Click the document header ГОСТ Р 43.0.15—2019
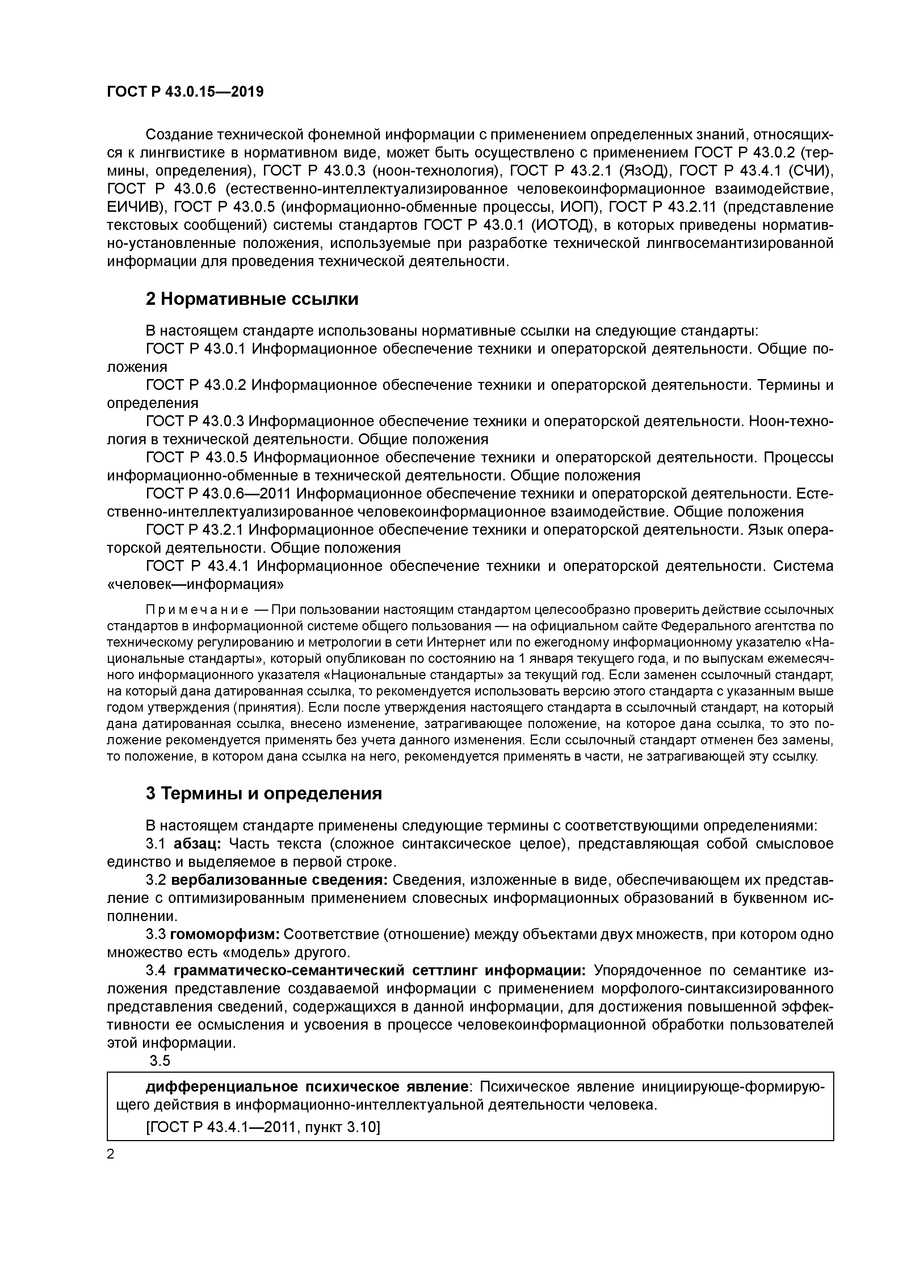185,92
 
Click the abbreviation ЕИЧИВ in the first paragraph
135,207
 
